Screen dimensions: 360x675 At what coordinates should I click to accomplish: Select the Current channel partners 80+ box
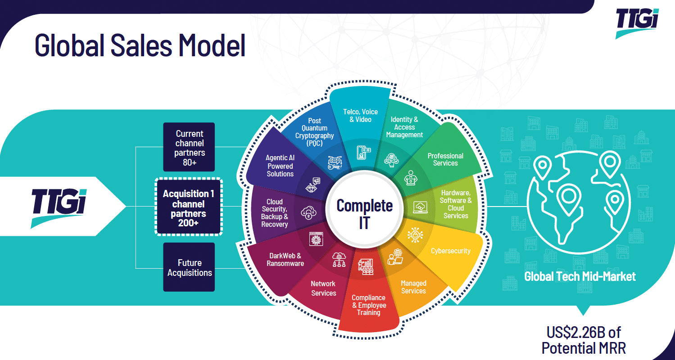tap(189, 147)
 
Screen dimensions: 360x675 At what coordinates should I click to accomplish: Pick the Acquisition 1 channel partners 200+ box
tap(189, 207)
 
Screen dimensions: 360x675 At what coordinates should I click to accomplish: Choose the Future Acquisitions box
tap(189, 267)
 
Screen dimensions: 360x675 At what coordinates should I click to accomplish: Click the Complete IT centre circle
tap(364, 213)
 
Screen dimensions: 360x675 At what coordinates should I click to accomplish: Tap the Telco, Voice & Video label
tap(360, 115)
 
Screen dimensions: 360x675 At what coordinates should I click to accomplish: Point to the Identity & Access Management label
tap(404, 127)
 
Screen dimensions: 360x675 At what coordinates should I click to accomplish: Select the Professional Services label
tap(445, 159)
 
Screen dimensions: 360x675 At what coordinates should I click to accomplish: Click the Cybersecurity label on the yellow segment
tap(450, 251)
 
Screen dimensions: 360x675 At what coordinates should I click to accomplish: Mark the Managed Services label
tap(413, 287)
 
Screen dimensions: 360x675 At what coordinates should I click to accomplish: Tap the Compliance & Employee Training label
tap(368, 305)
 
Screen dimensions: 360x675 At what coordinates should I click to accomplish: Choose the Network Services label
tap(323, 288)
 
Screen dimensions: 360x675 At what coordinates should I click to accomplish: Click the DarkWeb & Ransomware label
tap(285, 259)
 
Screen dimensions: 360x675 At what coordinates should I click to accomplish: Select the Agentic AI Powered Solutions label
tap(280, 166)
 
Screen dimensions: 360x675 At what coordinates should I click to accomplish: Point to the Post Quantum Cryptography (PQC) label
tap(315, 131)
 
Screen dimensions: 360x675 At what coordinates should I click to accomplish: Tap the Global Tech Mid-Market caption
tap(580, 276)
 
